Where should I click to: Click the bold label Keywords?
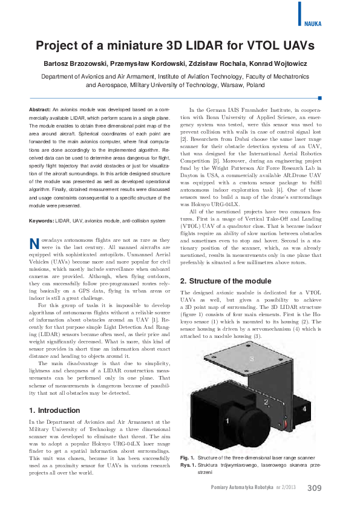[42, 221]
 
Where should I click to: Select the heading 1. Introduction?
[55, 410]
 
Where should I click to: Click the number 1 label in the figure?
[227, 420]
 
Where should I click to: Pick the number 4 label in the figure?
[304, 409]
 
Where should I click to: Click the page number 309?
[315, 488]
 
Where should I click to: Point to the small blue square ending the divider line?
[320, 97]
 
